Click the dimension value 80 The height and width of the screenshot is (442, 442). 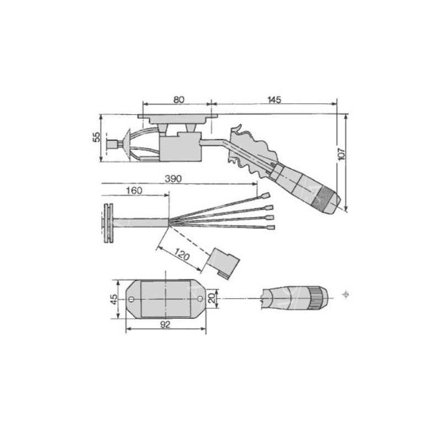pos(178,99)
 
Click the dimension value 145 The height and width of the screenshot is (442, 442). pos(274,99)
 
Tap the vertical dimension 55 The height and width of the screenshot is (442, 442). pos(96,137)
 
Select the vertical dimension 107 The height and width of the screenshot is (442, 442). pos(341,154)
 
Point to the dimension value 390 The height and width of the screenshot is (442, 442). pos(173,178)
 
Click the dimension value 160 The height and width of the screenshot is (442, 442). pos(134,191)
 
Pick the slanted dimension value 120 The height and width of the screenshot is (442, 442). pos(181,255)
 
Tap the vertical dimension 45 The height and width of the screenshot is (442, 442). pos(114,299)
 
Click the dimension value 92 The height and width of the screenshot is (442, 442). pos(165,324)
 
